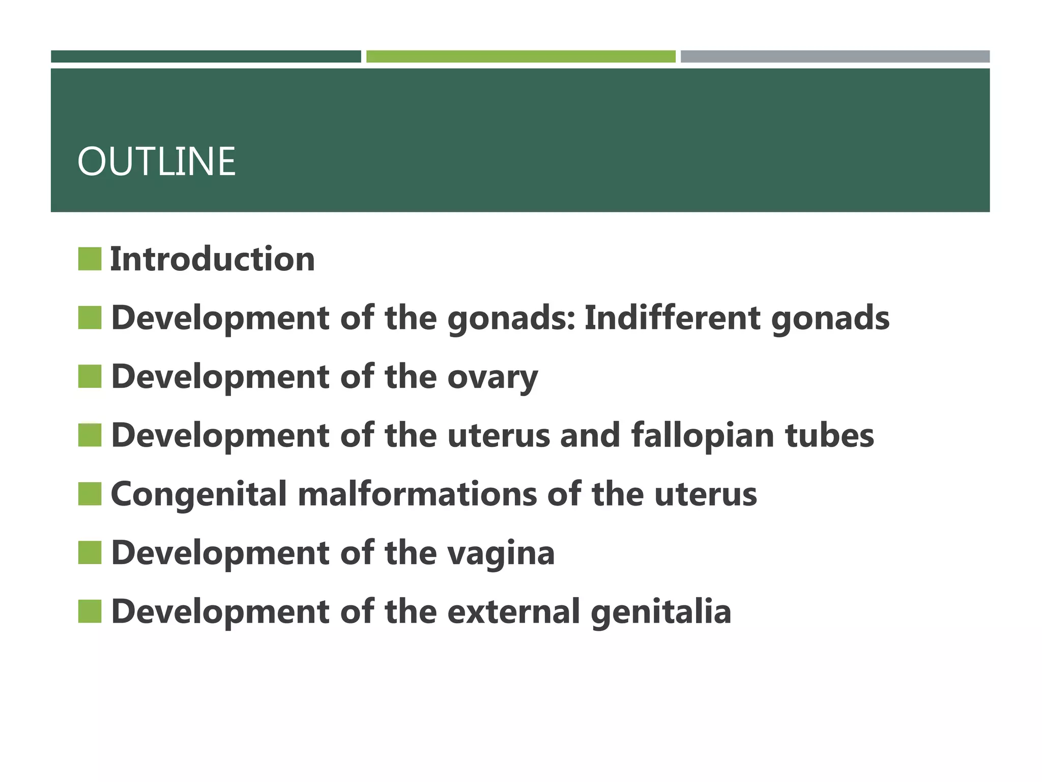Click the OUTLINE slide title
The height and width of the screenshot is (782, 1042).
pos(156,162)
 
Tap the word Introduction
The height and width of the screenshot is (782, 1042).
pos(212,259)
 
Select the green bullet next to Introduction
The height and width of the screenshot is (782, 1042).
pos(90,259)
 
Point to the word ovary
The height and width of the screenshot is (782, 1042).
pos(492,377)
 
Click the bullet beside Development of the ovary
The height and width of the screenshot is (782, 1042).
pos(90,376)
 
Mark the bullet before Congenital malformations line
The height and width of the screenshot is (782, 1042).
pos(90,494)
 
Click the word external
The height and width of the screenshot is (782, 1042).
pos(513,612)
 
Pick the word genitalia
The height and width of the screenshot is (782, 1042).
pos(661,612)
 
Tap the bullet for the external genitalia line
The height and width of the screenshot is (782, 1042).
pos(90,611)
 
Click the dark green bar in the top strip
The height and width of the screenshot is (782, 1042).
pos(206,57)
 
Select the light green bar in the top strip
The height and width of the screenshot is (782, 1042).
pos(520,57)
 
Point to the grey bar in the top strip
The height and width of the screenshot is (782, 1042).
pos(835,57)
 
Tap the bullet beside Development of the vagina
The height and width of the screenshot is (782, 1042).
pos(90,553)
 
